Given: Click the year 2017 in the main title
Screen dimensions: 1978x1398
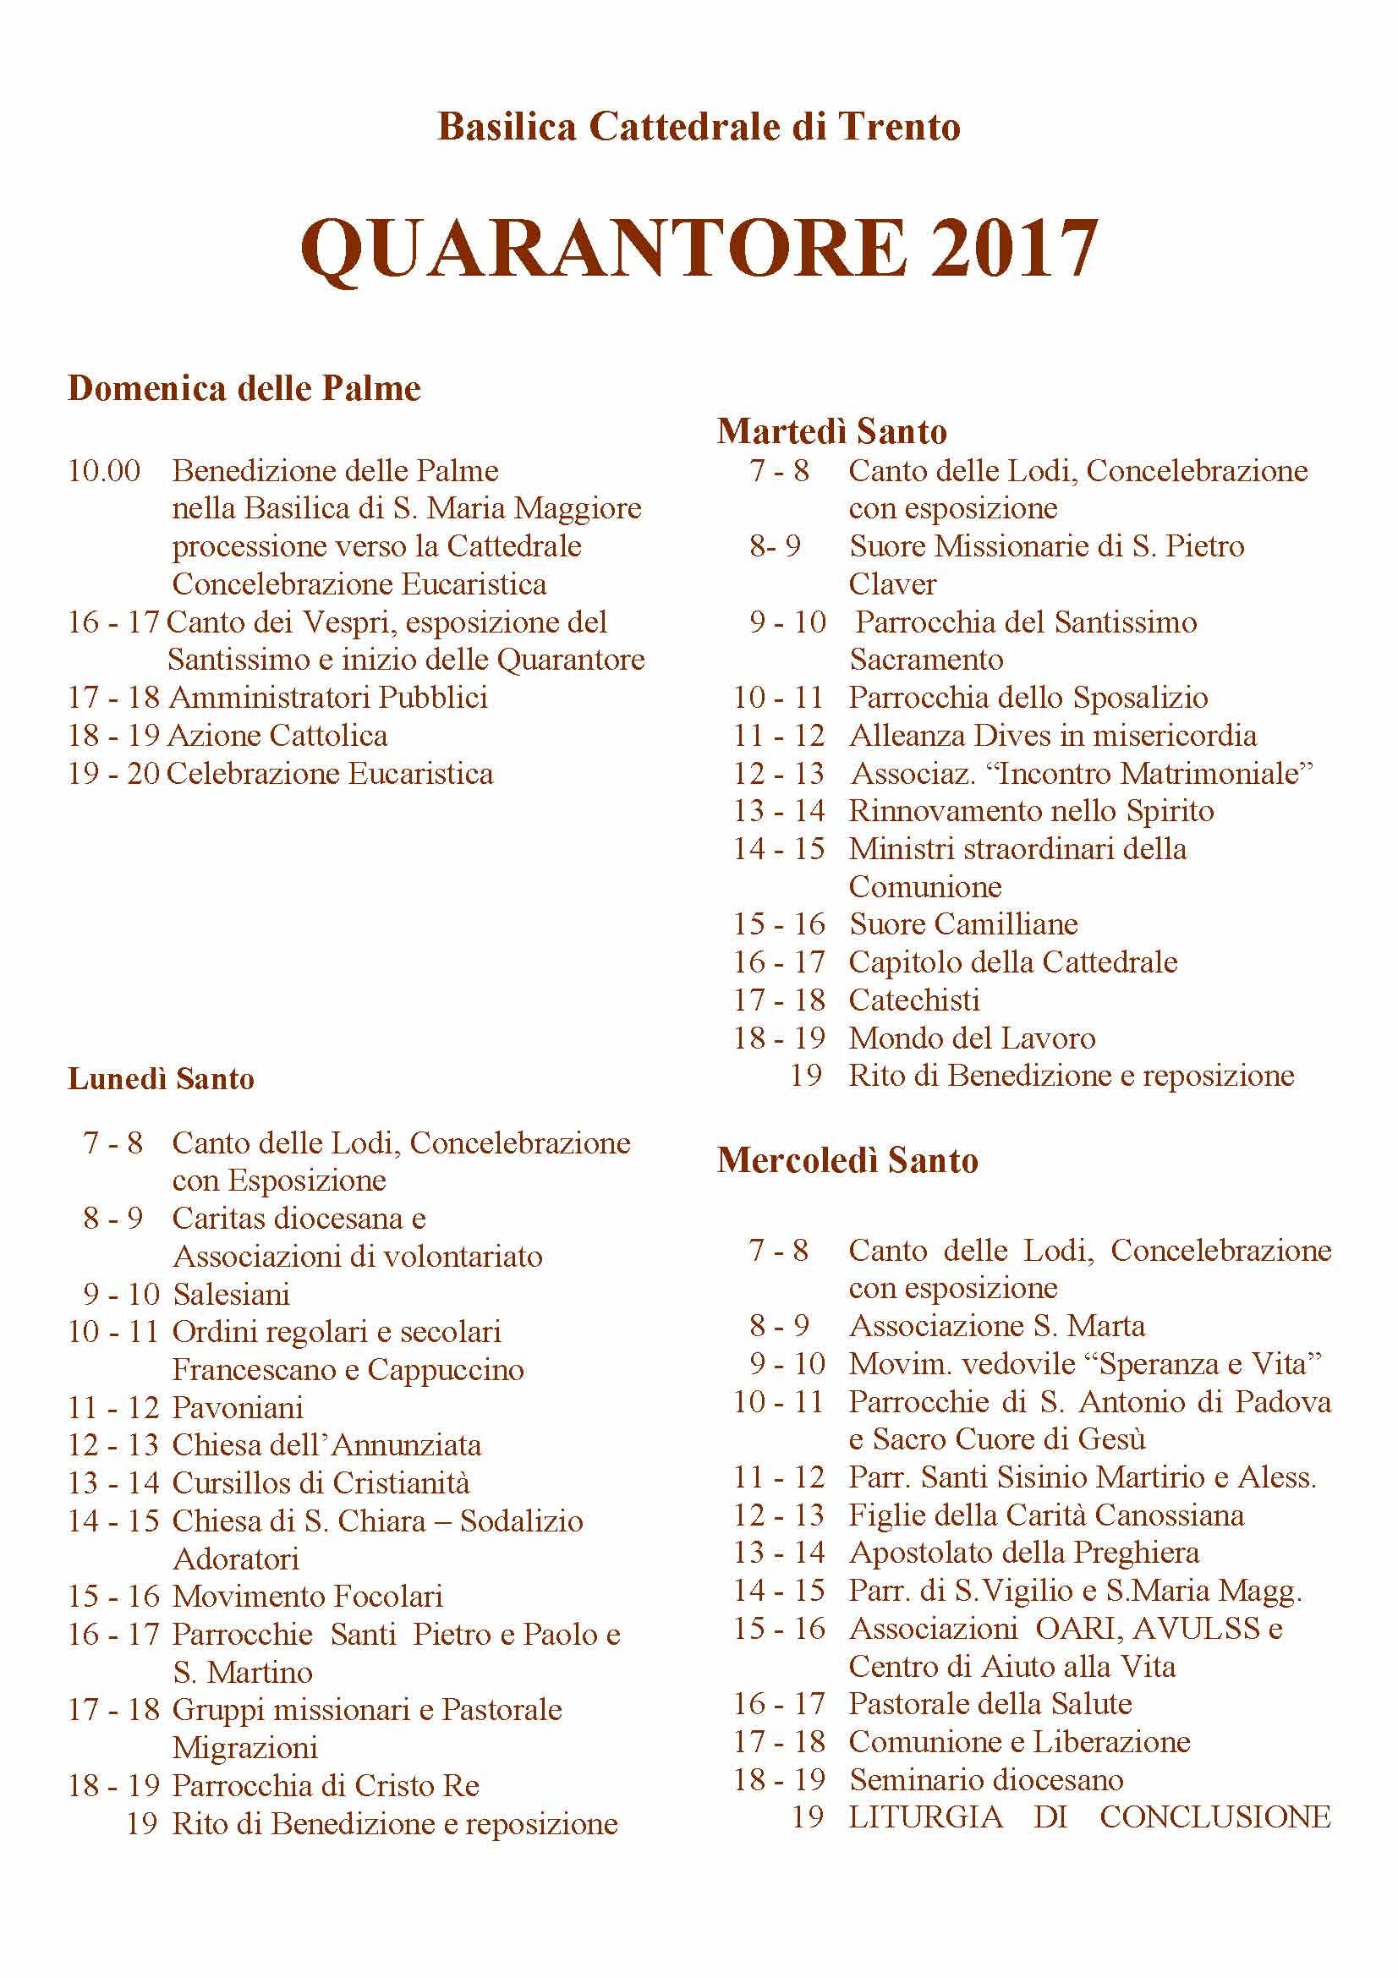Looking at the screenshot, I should tap(1013, 248).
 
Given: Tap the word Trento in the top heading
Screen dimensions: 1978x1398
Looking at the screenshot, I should tap(899, 127).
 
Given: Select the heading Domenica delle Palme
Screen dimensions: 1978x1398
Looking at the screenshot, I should tap(244, 388).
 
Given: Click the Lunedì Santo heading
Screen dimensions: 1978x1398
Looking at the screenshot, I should tap(161, 1078).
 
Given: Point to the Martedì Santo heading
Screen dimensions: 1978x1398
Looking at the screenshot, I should tap(831, 430).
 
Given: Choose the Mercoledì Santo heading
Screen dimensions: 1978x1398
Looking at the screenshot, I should tap(847, 1160).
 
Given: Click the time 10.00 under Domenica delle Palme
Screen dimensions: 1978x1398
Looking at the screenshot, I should tap(104, 471).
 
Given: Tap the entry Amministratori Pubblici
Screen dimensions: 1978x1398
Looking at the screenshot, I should tap(328, 697).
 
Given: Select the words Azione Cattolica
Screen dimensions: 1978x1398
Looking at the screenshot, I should tap(277, 735).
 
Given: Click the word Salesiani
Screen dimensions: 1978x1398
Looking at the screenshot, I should tap(231, 1294).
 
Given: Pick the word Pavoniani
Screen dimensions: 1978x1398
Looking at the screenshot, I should tap(238, 1408).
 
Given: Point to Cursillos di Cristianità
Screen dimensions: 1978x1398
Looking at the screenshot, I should tap(321, 1482).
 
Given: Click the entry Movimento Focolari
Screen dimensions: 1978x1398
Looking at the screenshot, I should tap(308, 1597).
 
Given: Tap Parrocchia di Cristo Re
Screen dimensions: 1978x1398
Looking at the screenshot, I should tap(326, 1785).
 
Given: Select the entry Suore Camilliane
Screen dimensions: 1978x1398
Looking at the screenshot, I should tap(963, 923).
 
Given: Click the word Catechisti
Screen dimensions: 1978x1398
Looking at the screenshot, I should tap(914, 1000).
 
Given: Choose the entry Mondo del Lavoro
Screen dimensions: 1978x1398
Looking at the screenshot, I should tap(972, 1038).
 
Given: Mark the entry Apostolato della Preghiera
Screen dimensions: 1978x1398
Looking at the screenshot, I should tap(1023, 1553).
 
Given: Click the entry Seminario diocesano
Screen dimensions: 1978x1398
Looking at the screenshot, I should tap(986, 1780).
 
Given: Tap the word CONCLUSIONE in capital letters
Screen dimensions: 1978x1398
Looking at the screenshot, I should tap(1214, 1816).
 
